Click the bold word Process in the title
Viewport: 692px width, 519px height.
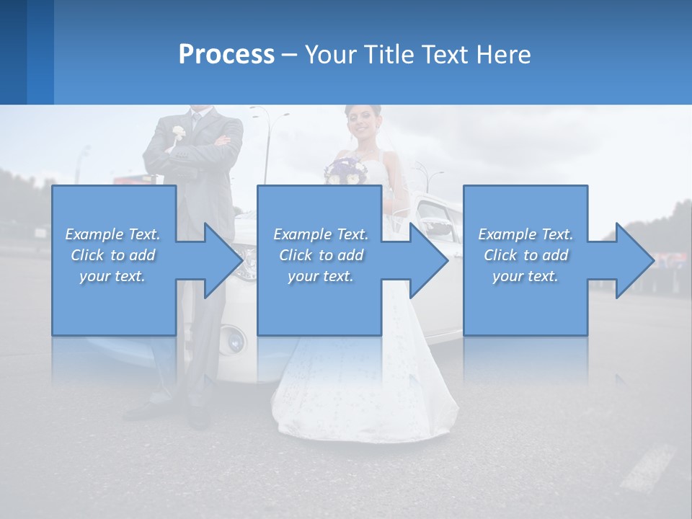coord(226,54)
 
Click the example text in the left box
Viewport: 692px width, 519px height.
coord(113,255)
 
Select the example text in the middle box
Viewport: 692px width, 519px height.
coord(321,255)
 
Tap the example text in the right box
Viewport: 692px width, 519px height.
coord(525,255)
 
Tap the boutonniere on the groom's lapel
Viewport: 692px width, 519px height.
coord(178,133)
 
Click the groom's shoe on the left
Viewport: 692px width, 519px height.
coord(144,411)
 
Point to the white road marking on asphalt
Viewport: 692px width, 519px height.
coord(649,469)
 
